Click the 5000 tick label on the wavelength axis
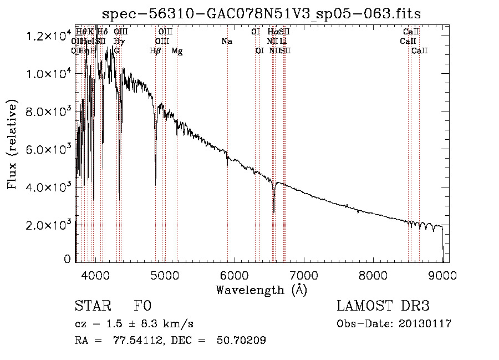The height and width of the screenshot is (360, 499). click(x=165, y=274)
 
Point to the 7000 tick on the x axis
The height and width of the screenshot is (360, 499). click(x=304, y=274)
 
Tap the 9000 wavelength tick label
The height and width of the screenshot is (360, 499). click(x=442, y=274)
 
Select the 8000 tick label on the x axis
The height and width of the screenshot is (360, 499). click(x=373, y=274)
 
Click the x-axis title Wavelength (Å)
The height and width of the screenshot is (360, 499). click(x=261, y=290)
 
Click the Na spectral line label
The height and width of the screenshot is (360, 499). click(x=226, y=41)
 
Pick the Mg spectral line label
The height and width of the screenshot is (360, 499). click(x=177, y=51)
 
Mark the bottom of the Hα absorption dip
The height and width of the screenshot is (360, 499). click(x=274, y=211)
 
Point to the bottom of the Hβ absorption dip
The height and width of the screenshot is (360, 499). click(x=155, y=184)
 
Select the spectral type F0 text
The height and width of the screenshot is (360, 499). click(x=143, y=306)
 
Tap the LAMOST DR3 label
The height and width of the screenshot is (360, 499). click(x=383, y=306)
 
